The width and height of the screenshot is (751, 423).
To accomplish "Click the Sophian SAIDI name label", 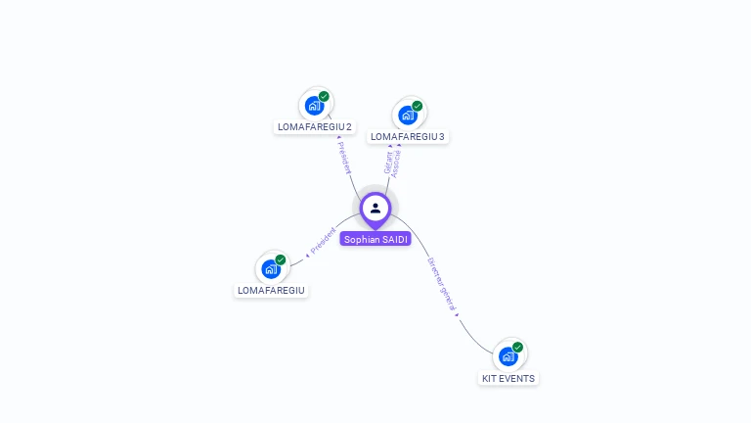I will click(375, 239).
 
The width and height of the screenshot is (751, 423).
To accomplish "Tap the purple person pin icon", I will click(375, 209).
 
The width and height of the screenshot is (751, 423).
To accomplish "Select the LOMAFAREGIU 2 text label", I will click(315, 127).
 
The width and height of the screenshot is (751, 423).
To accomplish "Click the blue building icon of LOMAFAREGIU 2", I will click(314, 105).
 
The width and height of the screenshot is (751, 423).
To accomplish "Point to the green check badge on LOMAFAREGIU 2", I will click(324, 96).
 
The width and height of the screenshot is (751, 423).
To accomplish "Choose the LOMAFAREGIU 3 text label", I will click(408, 137).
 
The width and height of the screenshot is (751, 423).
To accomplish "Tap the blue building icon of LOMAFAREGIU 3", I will click(407, 115).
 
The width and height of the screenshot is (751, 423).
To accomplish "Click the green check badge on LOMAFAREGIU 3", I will click(418, 106).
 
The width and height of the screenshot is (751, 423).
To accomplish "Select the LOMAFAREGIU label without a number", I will click(271, 291).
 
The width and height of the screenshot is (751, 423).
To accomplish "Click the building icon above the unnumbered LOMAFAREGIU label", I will click(271, 268).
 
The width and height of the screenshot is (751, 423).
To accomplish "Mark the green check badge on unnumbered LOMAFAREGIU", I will click(281, 259).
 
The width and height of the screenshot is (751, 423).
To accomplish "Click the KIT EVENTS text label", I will click(508, 378).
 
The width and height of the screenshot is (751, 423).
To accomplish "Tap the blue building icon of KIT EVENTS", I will click(508, 355).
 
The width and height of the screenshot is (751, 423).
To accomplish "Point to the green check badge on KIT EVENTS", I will click(518, 347).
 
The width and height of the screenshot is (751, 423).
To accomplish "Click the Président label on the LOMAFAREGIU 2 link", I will click(344, 158).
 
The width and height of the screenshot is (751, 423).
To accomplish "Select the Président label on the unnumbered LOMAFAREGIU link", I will click(322, 241).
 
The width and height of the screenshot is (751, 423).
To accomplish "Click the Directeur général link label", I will click(443, 284).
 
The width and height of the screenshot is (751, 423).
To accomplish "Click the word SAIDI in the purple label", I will click(393, 239).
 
